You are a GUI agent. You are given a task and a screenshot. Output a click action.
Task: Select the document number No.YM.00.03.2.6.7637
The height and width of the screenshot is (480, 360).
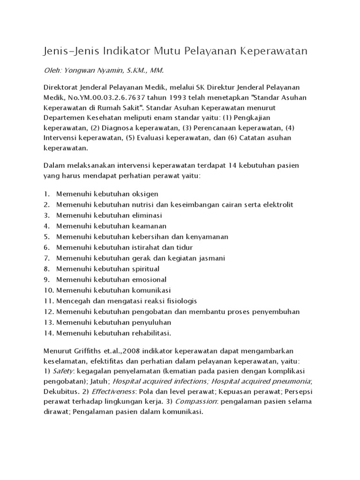(x=102, y=98)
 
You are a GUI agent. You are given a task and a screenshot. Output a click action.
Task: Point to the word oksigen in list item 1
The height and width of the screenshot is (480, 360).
(x=144, y=194)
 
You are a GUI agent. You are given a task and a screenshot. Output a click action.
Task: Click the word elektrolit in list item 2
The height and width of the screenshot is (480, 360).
(x=277, y=204)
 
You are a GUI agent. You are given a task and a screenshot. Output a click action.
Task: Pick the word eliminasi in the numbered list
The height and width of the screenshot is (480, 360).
(x=146, y=215)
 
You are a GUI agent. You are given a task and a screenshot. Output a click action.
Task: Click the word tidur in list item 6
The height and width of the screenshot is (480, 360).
(x=184, y=247)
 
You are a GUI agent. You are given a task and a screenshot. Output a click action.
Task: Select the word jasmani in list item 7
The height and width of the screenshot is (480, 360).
(x=212, y=258)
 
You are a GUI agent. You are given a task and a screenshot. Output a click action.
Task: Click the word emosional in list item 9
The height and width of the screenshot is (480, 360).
(x=149, y=279)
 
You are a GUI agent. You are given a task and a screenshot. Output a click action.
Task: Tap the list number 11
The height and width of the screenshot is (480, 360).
(x=47, y=301)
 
